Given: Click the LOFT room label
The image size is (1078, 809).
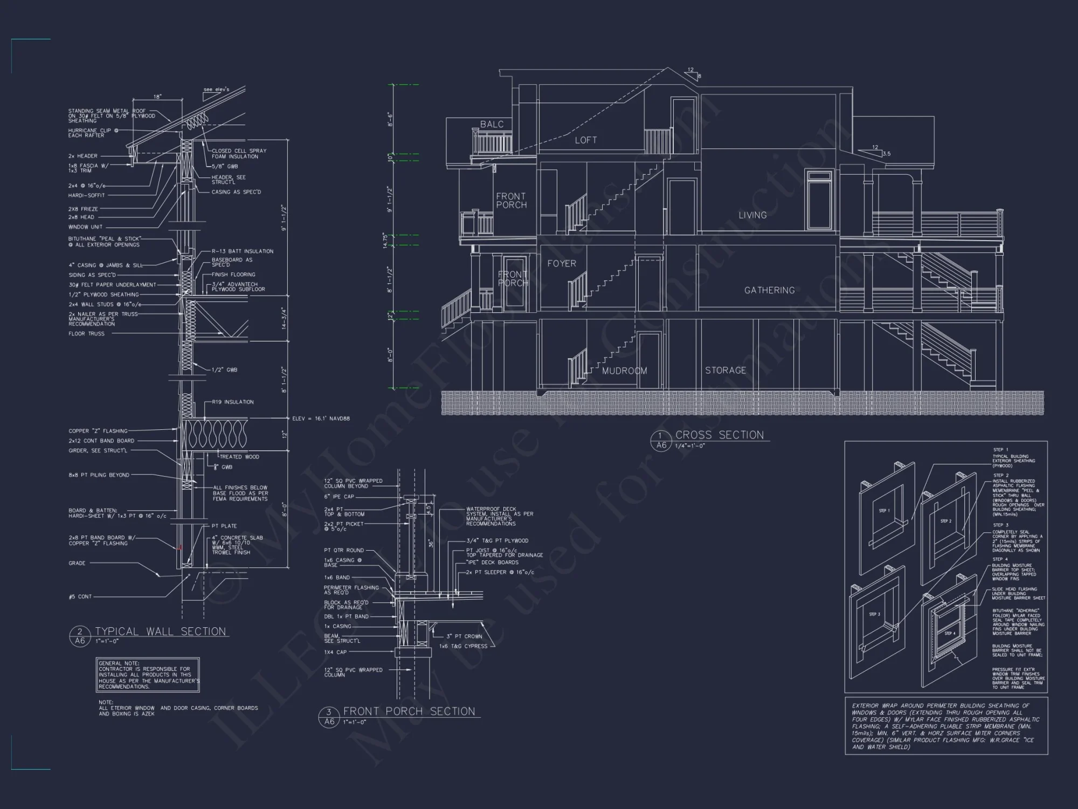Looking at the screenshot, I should [585, 140].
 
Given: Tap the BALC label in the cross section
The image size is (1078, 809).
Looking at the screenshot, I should [492, 125].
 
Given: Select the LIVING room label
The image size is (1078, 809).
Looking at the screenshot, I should [752, 215].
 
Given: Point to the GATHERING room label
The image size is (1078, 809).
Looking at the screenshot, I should [769, 290].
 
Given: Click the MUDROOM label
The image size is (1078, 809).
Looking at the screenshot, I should [624, 371].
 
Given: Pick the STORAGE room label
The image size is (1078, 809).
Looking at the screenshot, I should [725, 371].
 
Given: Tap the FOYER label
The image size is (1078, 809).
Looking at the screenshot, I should [562, 264].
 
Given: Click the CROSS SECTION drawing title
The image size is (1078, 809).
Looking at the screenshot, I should [720, 435].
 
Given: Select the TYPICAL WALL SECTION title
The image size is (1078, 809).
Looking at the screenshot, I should [160, 632].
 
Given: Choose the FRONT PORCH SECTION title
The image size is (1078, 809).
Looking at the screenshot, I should [409, 711].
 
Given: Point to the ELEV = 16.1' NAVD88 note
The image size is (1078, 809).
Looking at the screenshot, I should [321, 419].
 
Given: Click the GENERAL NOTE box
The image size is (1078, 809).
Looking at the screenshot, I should [148, 675].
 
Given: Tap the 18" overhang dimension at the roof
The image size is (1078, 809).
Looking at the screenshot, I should [157, 97].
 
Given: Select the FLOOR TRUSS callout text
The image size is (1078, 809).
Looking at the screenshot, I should [86, 334].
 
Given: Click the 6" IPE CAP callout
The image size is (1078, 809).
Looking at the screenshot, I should [339, 497].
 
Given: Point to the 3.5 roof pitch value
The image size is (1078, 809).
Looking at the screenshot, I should [886, 154].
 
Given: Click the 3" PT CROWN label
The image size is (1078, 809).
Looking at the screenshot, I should [464, 636].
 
